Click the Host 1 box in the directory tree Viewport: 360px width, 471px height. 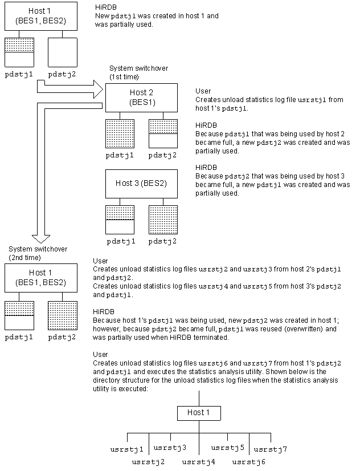198,412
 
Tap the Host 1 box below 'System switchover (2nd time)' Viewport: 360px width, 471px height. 40,277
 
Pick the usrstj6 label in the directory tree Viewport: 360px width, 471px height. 249,461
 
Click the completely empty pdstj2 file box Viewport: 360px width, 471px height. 63,52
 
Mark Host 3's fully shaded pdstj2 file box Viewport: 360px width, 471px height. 162,219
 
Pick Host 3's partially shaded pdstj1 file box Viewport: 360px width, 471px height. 120,219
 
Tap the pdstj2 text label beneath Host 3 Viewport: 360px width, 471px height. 162,241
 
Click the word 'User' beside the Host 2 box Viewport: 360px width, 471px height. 203,91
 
